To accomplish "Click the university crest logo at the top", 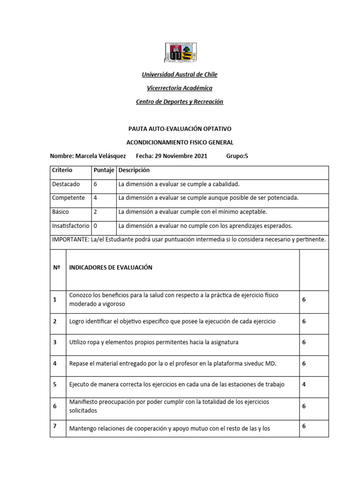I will (x=180, y=52).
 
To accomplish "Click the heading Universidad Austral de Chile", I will (x=180, y=75).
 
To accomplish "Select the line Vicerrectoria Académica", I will (x=180, y=88).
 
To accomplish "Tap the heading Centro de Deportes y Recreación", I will (x=180, y=102).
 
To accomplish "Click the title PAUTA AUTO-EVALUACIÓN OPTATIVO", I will (x=180, y=128).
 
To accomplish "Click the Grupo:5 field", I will (x=237, y=156).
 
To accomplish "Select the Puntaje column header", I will (x=104, y=170).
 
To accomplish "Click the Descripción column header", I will (x=134, y=170).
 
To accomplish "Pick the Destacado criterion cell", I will (x=66, y=184).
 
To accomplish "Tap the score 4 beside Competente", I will (x=96, y=198).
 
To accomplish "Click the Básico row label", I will (x=60, y=212).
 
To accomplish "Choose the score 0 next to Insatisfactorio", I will (x=96, y=226).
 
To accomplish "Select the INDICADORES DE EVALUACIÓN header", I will (x=111, y=267).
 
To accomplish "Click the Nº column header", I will (x=57, y=267).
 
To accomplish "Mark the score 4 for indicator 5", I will (x=304, y=384).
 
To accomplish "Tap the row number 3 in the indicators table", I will (x=55, y=342).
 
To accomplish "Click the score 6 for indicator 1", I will (x=304, y=299).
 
